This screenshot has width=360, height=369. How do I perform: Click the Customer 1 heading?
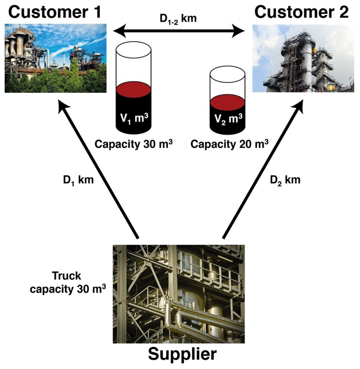coord(48,12)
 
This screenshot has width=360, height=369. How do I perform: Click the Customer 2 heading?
coord(302,12)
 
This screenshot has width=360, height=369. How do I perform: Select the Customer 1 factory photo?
coord(56,59)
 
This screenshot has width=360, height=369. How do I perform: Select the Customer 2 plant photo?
coord(303,59)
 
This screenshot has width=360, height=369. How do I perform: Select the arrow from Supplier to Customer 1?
coord(99,168)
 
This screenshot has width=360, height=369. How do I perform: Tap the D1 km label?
coord(78,180)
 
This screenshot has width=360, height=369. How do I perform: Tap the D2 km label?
coord(285,180)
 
